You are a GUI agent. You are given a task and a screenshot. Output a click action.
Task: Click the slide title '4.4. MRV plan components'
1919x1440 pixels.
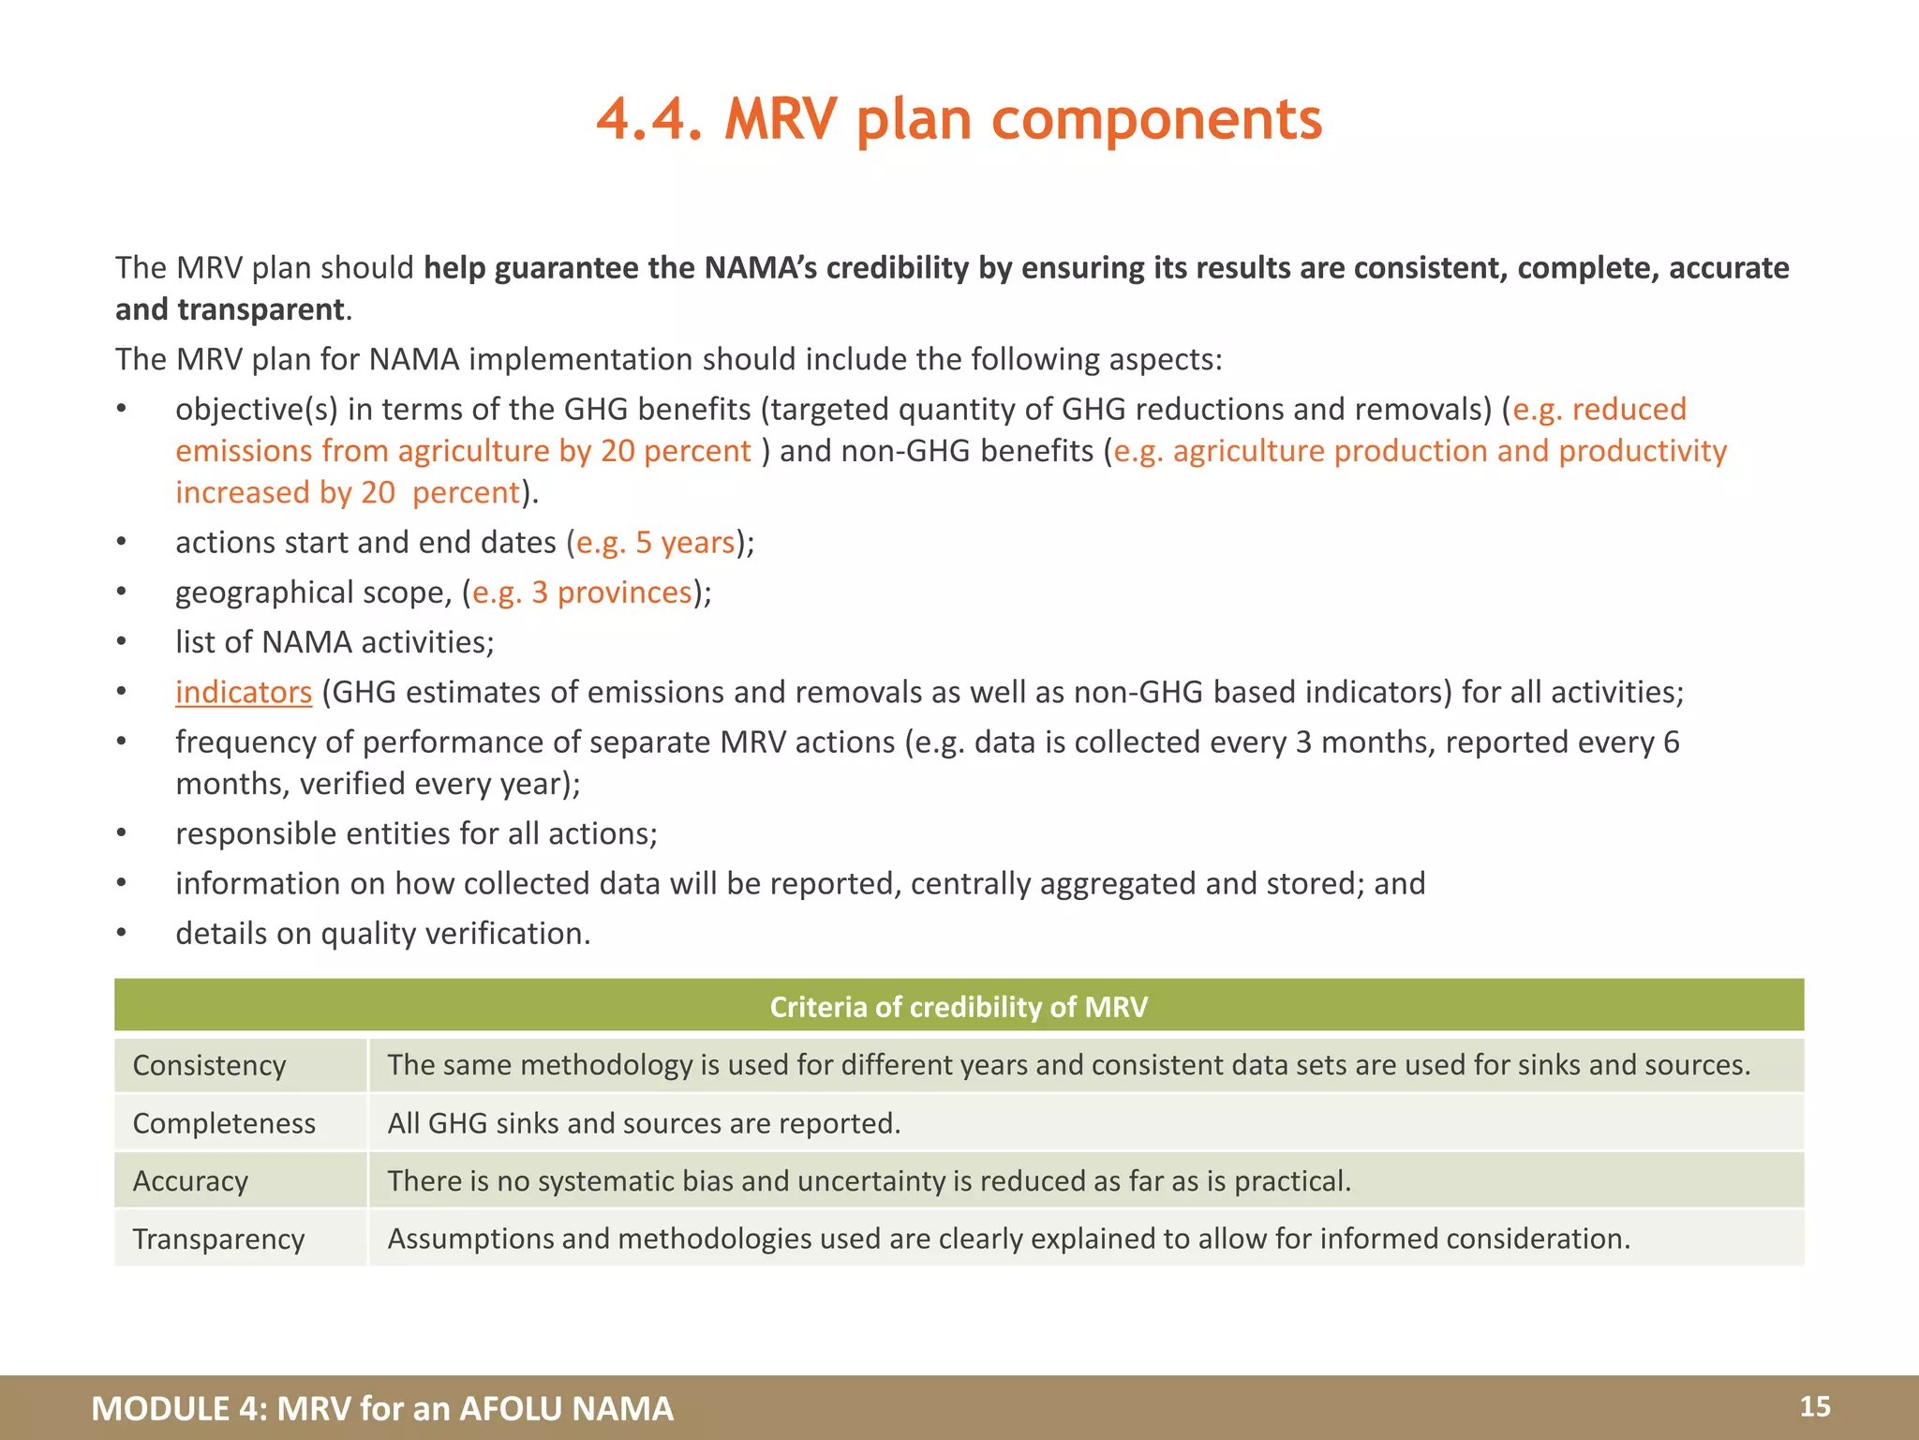click(x=959, y=120)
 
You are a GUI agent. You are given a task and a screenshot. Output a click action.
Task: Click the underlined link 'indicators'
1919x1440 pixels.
click(x=243, y=692)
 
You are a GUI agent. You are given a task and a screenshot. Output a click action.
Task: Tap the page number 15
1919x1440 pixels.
click(x=1814, y=1406)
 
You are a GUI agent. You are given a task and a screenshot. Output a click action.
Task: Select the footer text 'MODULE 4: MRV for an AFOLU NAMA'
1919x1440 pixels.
click(x=382, y=1408)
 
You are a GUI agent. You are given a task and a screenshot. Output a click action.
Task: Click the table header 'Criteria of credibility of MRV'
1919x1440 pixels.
click(x=959, y=1006)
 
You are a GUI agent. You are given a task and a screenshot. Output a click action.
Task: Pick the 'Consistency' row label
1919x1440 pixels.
click(x=209, y=1065)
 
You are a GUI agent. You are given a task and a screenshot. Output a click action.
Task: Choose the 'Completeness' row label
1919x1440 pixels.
click(x=224, y=1123)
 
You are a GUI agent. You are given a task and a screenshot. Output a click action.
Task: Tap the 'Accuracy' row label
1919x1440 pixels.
click(x=190, y=1181)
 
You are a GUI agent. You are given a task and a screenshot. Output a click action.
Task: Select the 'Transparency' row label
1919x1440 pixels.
click(x=218, y=1239)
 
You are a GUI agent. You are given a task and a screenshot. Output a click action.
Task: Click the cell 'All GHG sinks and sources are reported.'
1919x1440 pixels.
click(x=644, y=1123)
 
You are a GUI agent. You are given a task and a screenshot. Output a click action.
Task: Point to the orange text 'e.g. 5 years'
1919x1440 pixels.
click(x=655, y=543)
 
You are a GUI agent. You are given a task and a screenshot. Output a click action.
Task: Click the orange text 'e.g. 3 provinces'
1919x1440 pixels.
click(x=582, y=592)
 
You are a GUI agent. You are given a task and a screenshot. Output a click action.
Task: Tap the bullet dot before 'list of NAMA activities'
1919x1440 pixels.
click(x=121, y=642)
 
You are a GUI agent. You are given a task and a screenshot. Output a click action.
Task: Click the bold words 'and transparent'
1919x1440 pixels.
click(x=230, y=309)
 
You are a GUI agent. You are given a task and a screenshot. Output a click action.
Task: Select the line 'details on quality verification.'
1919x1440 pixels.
click(x=382, y=934)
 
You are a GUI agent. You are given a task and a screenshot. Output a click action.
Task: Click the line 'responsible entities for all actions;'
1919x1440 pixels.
click(x=416, y=833)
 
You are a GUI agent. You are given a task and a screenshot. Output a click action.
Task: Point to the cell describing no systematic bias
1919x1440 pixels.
click(x=869, y=1181)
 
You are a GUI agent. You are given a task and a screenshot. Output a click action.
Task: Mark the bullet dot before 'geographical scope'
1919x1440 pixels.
click(x=121, y=592)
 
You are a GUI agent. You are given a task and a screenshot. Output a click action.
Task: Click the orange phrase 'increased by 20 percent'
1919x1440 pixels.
click(x=347, y=492)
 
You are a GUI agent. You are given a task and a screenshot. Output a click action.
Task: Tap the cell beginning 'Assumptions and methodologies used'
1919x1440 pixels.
click(x=1008, y=1239)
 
